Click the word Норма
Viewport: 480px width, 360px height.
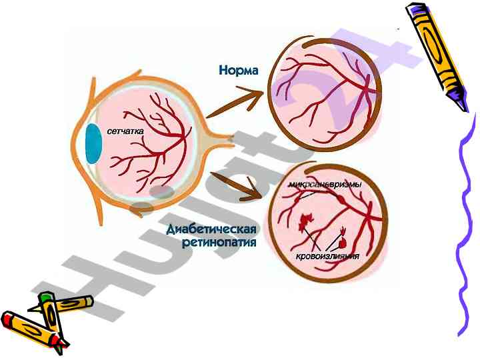pyautogui.click(x=238, y=70)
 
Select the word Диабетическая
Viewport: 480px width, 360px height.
pyautogui.click(x=211, y=230)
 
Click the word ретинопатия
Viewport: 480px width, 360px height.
pyautogui.click(x=219, y=243)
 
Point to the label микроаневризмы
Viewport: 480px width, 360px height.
pyautogui.click(x=325, y=183)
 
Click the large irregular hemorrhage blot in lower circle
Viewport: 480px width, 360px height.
pyautogui.click(x=307, y=219)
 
